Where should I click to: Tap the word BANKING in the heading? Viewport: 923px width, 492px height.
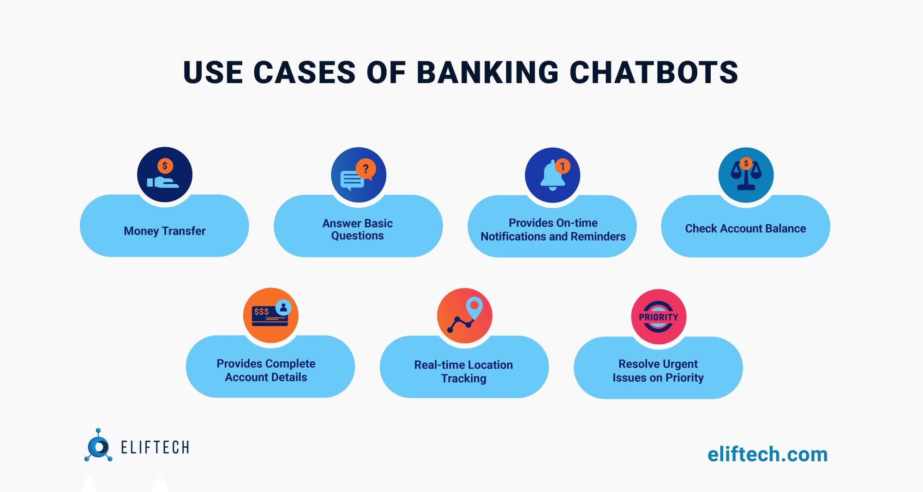[x=487, y=72]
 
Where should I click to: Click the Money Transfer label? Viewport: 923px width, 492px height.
[x=165, y=231]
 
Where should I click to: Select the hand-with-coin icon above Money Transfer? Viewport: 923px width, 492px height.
[x=164, y=175]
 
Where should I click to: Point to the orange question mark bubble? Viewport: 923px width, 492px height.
[x=366, y=169]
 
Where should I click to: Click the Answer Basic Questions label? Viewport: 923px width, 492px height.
[x=358, y=229]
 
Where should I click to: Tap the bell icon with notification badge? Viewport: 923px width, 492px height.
[x=552, y=176]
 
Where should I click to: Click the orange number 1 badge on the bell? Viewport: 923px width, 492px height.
[x=562, y=166]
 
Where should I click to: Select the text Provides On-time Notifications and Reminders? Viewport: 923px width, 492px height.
[x=553, y=229]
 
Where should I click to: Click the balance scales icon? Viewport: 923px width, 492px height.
[x=746, y=175]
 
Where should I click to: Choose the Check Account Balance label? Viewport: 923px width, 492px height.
[x=745, y=228]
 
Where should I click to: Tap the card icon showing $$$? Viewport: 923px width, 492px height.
[x=270, y=315]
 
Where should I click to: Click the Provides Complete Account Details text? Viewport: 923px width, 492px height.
[x=266, y=370]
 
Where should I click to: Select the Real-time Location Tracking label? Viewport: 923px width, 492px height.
[x=463, y=372]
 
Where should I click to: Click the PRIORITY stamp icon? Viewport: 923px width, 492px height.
[x=659, y=317]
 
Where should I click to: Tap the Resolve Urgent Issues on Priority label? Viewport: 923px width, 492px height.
[x=658, y=371]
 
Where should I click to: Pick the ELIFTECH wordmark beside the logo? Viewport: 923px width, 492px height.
[x=155, y=447]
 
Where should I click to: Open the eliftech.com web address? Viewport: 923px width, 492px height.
[x=767, y=454]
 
